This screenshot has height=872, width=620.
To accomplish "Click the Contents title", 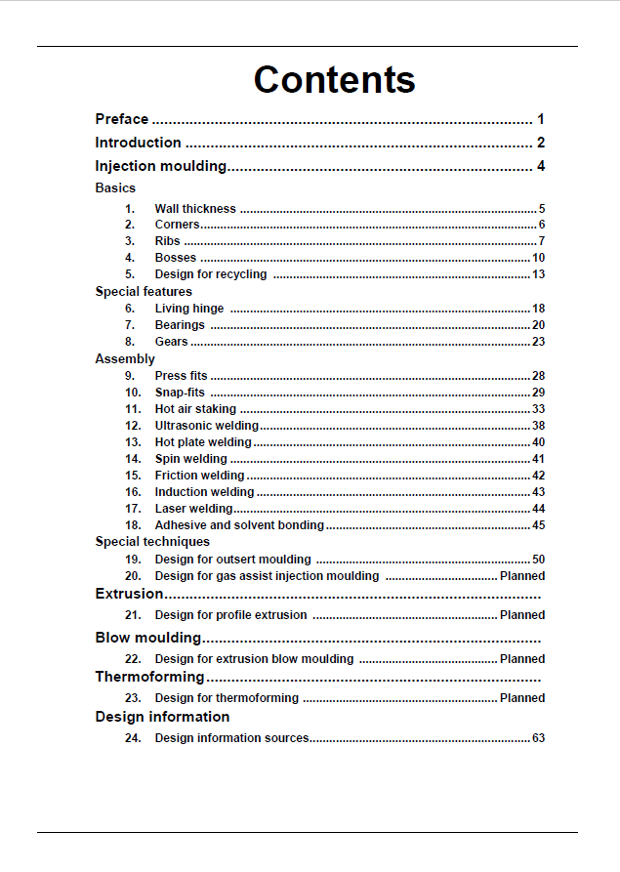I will [334, 80].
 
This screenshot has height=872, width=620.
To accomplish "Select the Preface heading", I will [122, 119].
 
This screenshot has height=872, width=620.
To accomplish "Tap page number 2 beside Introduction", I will [540, 143].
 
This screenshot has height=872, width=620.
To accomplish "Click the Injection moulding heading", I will [161, 166].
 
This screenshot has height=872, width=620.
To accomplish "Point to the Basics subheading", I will [115, 187].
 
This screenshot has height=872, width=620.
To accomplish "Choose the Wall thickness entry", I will [195, 209].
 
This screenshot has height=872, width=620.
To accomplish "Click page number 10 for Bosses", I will [538, 258].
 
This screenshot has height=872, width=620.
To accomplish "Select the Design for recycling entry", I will [211, 274].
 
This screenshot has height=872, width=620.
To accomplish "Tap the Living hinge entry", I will [189, 309].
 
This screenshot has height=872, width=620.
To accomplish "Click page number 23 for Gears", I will [538, 342].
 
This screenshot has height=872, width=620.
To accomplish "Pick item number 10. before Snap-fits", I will [134, 393].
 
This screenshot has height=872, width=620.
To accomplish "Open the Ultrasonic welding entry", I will [207, 426].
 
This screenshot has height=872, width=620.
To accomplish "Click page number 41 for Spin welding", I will [538, 459].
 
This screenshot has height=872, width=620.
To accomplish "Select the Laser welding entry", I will [194, 509].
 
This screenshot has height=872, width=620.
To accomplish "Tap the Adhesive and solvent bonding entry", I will [239, 525].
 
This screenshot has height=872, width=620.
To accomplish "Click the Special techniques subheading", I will [152, 541].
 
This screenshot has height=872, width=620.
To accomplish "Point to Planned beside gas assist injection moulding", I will [522, 576].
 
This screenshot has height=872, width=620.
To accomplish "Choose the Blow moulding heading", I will [148, 638].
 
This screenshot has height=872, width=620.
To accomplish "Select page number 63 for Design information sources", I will [538, 738].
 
